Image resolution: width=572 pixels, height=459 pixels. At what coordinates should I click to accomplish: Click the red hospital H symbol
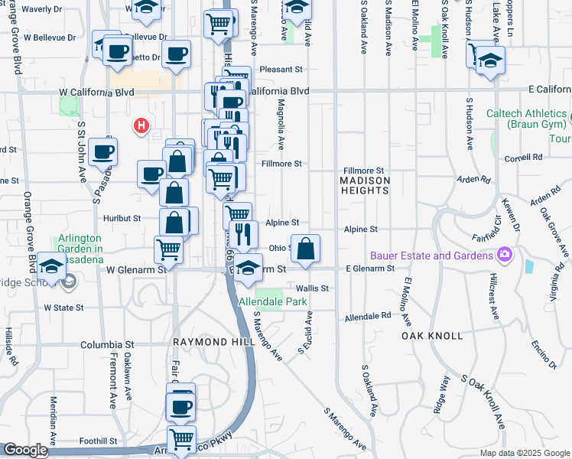tap(141, 126)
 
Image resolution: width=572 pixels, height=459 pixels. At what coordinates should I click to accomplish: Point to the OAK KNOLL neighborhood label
tap(432, 336)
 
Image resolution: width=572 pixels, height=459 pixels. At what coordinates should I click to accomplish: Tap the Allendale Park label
tap(272, 302)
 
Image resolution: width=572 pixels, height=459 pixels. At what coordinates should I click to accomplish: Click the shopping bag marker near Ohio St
tap(305, 249)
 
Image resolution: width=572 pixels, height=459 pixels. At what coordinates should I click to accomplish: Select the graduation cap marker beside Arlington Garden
tap(51, 267)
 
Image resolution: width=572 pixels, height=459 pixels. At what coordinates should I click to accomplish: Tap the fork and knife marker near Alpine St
tap(243, 234)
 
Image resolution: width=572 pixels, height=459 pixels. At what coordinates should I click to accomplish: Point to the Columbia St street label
tap(107, 345)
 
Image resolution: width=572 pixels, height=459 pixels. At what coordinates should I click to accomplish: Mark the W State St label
tap(63, 308)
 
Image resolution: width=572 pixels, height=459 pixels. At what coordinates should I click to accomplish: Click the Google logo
tap(25, 451)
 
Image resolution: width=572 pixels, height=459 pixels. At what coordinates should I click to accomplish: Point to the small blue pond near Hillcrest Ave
tap(530, 266)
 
